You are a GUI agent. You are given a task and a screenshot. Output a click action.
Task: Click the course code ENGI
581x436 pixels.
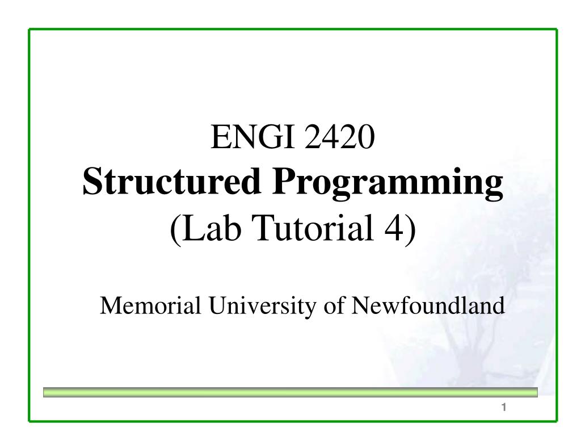pyautogui.click(x=253, y=137)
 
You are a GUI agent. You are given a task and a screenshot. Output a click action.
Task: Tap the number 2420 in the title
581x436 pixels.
pyautogui.click(x=339, y=137)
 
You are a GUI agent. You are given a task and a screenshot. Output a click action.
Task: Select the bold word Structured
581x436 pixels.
pyautogui.click(x=171, y=181)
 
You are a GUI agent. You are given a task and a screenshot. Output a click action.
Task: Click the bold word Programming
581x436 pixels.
pyautogui.click(x=388, y=184)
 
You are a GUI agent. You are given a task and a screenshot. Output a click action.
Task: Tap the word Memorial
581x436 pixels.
pyautogui.click(x=150, y=305)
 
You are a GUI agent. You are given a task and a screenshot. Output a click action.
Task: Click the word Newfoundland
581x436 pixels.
pyautogui.click(x=428, y=305)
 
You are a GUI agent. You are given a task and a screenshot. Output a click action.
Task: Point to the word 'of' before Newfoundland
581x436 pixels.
pyautogui.click(x=334, y=305)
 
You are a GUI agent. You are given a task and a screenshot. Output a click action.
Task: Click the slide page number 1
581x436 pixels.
pyautogui.click(x=504, y=407)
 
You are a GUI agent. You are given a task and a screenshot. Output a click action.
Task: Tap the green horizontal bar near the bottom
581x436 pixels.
pyautogui.click(x=290, y=392)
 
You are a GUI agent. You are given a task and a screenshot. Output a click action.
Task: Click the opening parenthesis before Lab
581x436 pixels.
pyautogui.click(x=176, y=229)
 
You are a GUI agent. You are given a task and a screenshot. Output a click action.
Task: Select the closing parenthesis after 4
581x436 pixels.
pyautogui.click(x=410, y=229)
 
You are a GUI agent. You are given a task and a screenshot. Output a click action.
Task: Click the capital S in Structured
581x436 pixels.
pyautogui.click(x=92, y=181)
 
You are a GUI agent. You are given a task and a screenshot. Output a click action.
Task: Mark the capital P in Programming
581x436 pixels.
pyautogui.click(x=284, y=181)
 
